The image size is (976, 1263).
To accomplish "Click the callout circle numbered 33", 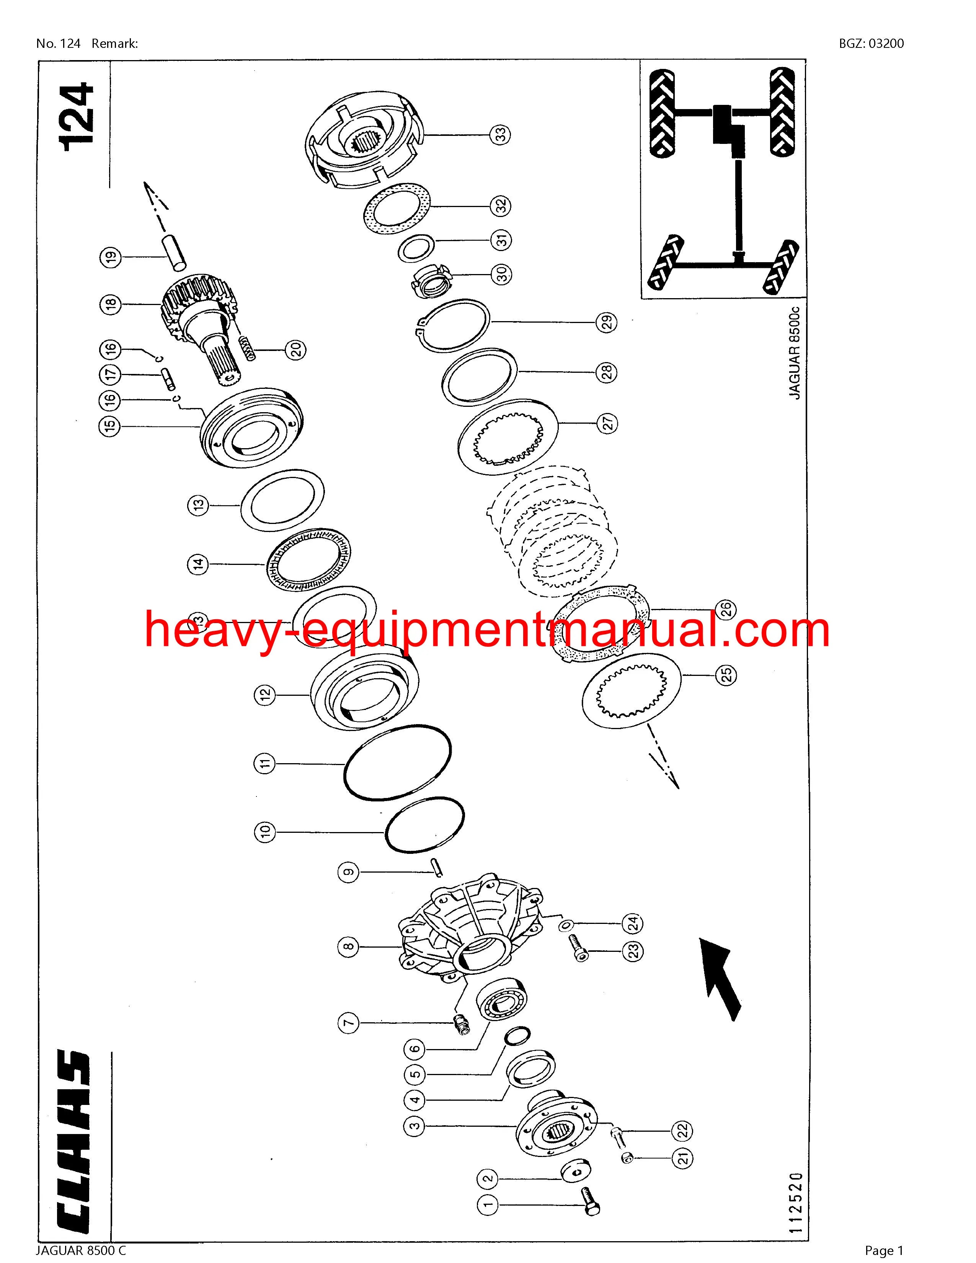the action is tap(500, 135).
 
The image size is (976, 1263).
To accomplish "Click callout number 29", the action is tap(607, 323).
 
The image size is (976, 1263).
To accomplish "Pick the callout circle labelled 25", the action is tap(727, 674).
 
